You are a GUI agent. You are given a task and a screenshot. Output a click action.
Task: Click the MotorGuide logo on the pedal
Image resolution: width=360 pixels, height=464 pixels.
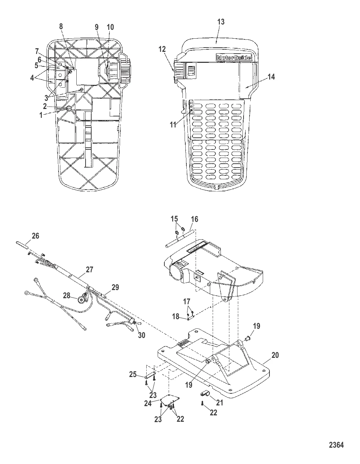click(x=234, y=58)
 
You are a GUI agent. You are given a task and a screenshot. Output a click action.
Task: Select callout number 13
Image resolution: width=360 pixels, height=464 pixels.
click(x=220, y=22)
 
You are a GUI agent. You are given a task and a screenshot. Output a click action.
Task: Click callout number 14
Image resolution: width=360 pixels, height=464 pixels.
click(x=271, y=77)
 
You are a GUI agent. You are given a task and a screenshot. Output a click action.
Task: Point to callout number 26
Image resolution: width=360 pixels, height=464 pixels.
click(x=36, y=236)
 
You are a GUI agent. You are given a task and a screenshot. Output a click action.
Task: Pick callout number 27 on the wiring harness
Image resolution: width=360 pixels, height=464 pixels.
click(x=89, y=270)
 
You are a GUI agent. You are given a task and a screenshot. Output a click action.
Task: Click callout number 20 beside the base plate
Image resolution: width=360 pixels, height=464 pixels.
click(x=275, y=355)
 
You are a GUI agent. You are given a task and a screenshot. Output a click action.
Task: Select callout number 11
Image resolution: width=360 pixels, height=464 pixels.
click(x=173, y=125)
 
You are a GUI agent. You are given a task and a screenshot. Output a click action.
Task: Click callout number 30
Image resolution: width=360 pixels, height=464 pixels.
click(x=141, y=335)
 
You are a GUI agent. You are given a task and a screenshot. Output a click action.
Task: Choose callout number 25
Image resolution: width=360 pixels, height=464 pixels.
click(x=133, y=374)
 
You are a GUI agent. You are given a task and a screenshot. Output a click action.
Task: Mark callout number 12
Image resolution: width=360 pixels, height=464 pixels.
click(x=162, y=49)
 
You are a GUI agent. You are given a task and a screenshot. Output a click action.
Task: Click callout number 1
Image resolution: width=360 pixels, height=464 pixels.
click(x=45, y=115)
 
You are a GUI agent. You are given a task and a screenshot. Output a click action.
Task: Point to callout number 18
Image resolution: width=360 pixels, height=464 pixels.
click(x=176, y=316)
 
